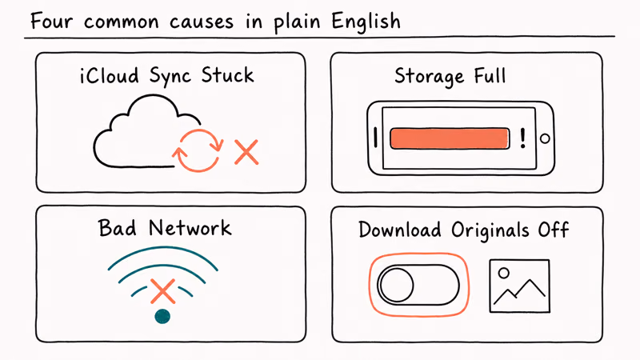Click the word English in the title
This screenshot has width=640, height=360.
[366, 22]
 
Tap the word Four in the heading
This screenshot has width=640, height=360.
[51, 21]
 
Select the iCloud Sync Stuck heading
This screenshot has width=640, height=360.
[167, 76]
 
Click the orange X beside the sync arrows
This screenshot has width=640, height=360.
[246, 152]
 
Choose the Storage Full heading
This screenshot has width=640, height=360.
[450, 76]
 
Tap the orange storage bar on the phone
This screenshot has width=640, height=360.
[450, 138]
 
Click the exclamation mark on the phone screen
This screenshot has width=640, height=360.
[523, 138]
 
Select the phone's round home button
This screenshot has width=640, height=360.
[545, 138]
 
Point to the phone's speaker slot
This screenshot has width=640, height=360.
[375, 137]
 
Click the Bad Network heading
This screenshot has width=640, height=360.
[165, 228]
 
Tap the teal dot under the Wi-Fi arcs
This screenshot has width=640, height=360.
[162, 316]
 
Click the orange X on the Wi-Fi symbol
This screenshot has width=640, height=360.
[163, 291]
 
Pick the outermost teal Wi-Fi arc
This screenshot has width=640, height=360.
[163, 248]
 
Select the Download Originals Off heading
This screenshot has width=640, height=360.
[464, 230]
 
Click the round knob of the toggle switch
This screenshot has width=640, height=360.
[396, 285]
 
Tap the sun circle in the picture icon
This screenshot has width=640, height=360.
[504, 273]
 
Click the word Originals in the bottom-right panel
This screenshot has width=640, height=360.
[490, 230]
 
